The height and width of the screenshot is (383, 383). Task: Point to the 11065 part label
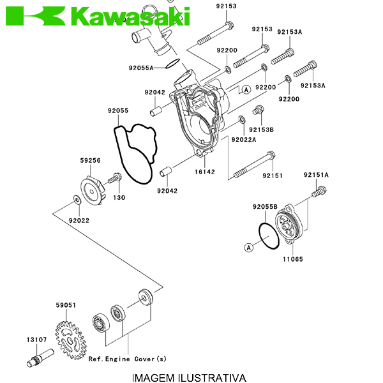click(x=293, y=259)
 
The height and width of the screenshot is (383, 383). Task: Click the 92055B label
click(x=265, y=206)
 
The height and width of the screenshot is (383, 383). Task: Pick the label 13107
click(x=36, y=340)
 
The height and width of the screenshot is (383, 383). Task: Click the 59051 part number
click(x=66, y=305)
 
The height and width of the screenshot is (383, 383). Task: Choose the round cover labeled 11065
click(x=290, y=227)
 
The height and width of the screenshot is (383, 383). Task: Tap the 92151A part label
click(x=316, y=174)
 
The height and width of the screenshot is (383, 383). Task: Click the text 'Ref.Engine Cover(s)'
click(x=127, y=359)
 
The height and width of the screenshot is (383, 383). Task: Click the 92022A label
click(x=244, y=139)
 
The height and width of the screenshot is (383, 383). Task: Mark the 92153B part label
click(x=261, y=130)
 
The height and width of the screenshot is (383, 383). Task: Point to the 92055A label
click(x=140, y=67)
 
